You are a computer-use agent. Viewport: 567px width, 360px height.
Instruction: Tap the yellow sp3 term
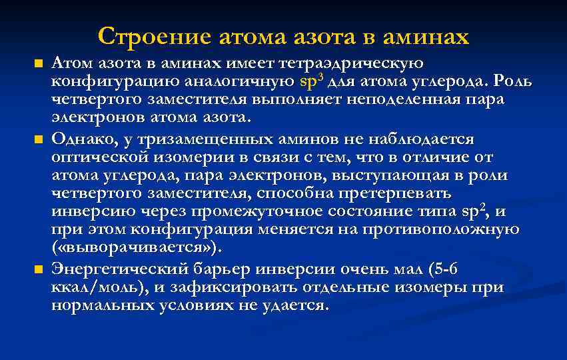pos(311,82)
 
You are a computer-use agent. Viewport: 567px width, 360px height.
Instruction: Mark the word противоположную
pos(440,231)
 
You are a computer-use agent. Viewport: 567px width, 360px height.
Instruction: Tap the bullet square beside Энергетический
pos(38,270)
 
